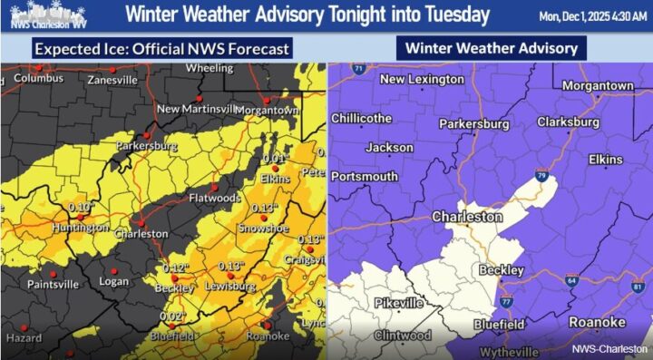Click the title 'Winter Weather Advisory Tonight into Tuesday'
(307, 15)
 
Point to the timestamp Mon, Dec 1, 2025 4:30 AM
(595, 15)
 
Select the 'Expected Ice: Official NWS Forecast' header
(163, 49)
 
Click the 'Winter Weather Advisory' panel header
(491, 48)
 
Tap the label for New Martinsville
(202, 110)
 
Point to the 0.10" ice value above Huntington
(82, 208)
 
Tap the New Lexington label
(422, 80)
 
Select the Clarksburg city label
(568, 122)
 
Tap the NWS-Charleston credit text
(609, 348)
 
